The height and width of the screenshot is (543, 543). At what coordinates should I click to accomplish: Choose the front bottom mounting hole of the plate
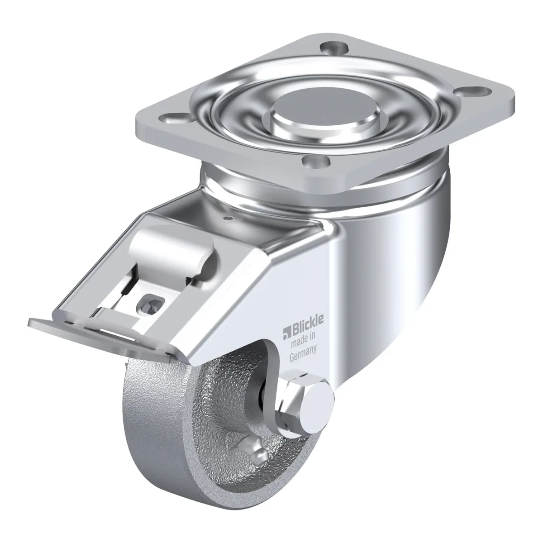pos(315,161)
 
